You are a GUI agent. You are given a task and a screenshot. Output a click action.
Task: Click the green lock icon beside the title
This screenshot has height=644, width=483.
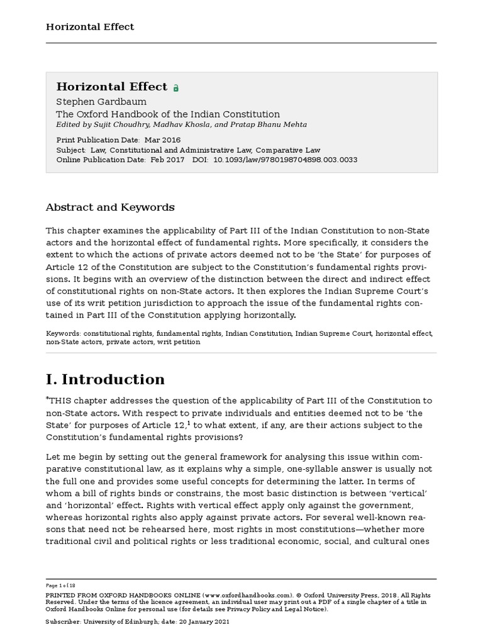pos(176,88)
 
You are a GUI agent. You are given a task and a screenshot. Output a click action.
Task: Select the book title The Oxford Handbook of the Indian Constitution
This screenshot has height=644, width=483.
pos(168,114)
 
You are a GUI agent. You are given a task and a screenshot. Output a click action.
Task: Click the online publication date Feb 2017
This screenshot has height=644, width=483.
pos(168,160)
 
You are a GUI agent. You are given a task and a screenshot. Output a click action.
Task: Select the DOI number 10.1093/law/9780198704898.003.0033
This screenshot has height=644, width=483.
pos(286,160)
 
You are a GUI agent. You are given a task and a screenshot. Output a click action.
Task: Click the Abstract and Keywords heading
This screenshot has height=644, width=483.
pos(110,207)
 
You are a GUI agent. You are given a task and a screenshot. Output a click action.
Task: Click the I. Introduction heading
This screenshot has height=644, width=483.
pos(105,379)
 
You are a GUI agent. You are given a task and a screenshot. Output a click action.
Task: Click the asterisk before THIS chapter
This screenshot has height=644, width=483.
pos(47,398)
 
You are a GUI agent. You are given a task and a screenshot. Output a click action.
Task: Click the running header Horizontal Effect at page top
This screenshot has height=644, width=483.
pos(90,26)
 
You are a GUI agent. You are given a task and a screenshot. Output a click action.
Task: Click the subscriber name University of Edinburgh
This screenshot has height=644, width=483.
pos(121,621)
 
